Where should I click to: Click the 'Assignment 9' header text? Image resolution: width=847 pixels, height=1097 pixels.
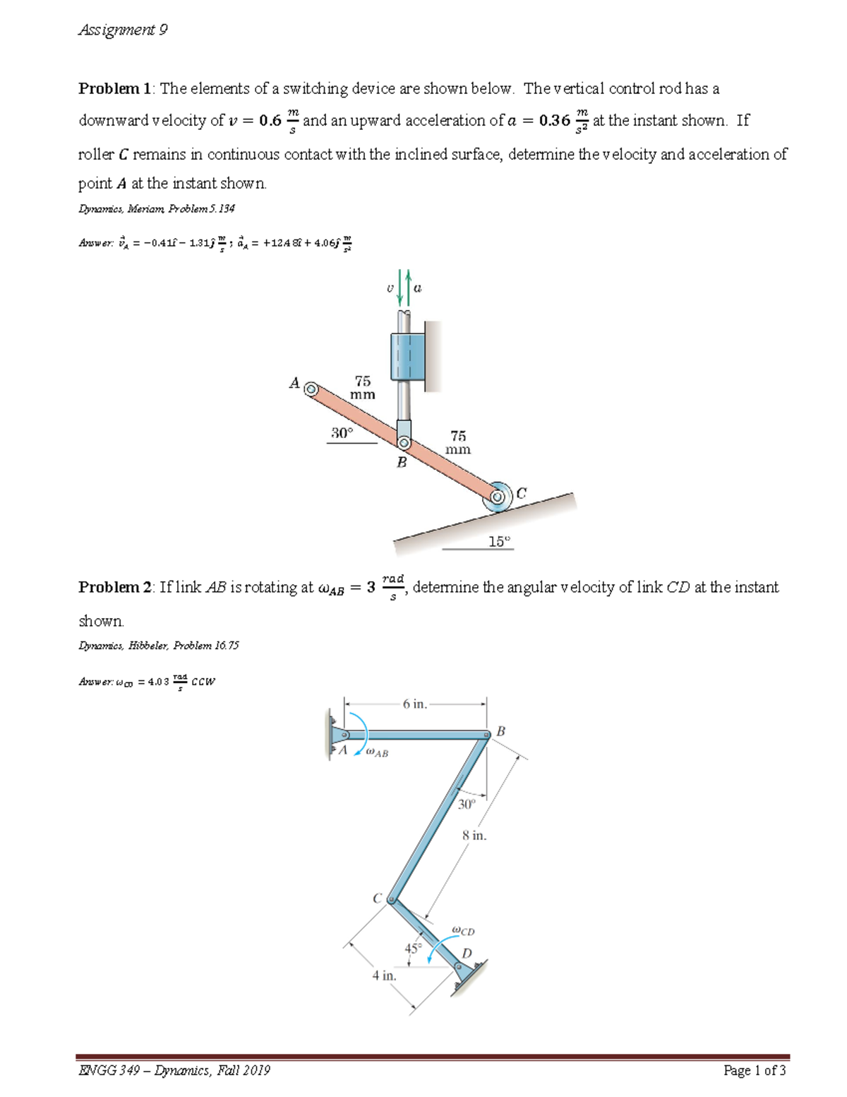(x=123, y=30)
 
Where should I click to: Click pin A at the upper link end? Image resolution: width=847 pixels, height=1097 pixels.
(x=311, y=388)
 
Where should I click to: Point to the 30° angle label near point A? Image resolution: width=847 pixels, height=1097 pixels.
(x=342, y=433)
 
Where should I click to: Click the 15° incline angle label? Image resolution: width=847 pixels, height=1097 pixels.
(x=499, y=542)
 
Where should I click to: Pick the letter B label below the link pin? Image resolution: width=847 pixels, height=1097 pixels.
(x=402, y=463)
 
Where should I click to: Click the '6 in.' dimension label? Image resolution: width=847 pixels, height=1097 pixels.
(x=415, y=704)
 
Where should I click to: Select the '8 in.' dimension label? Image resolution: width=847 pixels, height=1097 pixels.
(x=474, y=836)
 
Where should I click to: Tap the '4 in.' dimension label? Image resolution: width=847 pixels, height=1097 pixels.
(x=385, y=976)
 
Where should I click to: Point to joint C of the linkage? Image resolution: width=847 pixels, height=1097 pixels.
(x=391, y=899)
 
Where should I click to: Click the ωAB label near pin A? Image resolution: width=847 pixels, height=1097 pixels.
(x=377, y=753)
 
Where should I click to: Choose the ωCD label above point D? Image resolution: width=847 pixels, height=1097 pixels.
(x=463, y=931)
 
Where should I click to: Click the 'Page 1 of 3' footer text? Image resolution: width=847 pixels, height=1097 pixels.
(x=755, y=1071)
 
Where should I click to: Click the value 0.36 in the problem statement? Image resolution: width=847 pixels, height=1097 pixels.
(x=554, y=121)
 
